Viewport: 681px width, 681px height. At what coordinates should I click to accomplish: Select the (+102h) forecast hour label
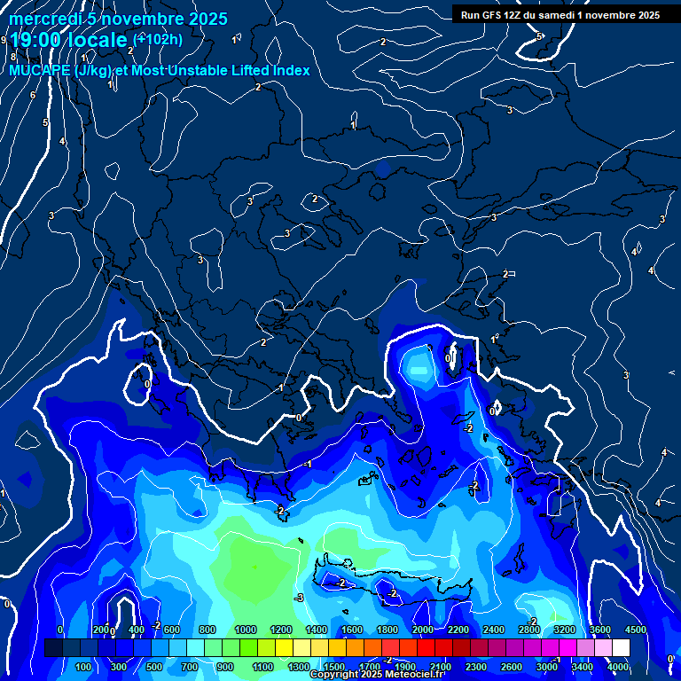pos(158,39)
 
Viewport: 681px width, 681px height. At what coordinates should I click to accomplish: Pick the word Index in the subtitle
pos(290,71)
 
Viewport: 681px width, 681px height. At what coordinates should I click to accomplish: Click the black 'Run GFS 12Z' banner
pos(560,15)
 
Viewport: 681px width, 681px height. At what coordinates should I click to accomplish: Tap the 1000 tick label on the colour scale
pos(246,630)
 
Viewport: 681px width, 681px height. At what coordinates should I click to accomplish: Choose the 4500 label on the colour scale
pos(636,630)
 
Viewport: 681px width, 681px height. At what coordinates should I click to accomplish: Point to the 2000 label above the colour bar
pos(423,630)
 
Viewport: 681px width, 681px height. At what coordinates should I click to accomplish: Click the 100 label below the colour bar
pos(84,667)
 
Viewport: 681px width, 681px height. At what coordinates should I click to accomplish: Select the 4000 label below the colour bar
pos(618,667)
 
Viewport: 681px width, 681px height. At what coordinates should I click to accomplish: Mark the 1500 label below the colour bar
pos(334,667)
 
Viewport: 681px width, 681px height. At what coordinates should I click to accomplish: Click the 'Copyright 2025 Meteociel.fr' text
pos(376,675)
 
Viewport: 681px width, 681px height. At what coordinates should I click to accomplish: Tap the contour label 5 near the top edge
pos(538,36)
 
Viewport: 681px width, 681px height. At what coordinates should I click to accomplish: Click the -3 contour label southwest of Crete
pos(300,598)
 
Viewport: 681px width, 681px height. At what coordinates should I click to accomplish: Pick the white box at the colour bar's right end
pos(621,648)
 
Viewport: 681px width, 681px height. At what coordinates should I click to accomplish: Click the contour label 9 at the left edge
pos(4,40)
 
